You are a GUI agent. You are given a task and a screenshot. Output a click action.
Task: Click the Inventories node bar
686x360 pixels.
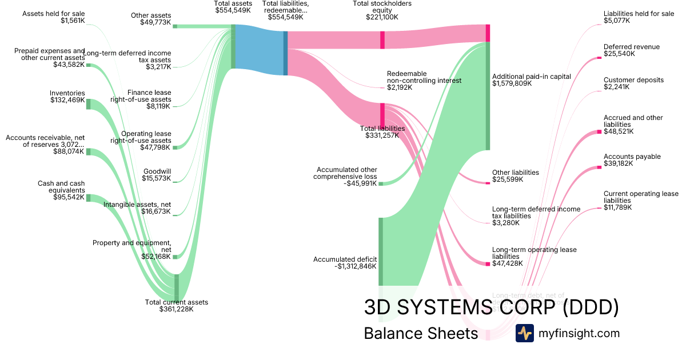click(88, 104)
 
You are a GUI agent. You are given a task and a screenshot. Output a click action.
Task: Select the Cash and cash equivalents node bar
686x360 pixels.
click(88, 198)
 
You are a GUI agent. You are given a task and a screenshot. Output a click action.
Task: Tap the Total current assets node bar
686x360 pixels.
click(176, 287)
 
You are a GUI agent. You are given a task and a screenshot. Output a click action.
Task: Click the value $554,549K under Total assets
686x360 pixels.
click(233, 10)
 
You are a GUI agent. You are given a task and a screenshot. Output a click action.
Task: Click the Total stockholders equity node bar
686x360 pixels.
click(382, 40)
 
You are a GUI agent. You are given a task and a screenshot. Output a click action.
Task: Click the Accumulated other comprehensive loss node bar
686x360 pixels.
click(380, 184)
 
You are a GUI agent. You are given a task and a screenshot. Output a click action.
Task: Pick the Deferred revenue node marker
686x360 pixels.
click(599, 57)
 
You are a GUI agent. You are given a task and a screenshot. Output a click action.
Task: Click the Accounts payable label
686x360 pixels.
click(632, 157)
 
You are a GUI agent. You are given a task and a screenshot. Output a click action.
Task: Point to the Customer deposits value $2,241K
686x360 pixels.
click(616, 87)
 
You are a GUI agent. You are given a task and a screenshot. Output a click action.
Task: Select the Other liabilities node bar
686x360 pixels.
click(487, 182)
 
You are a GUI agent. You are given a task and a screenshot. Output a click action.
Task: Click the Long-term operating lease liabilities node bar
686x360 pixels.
click(487, 263)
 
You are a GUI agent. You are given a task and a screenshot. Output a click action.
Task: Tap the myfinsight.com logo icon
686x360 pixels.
click(524, 333)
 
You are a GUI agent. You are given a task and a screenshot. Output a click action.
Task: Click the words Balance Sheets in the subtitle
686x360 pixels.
click(420, 333)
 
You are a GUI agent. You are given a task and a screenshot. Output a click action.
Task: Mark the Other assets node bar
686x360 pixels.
click(175, 26)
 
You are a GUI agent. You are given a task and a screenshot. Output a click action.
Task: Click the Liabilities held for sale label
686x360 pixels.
click(639, 14)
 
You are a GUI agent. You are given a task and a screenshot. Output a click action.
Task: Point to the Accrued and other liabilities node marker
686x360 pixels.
click(599, 132)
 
